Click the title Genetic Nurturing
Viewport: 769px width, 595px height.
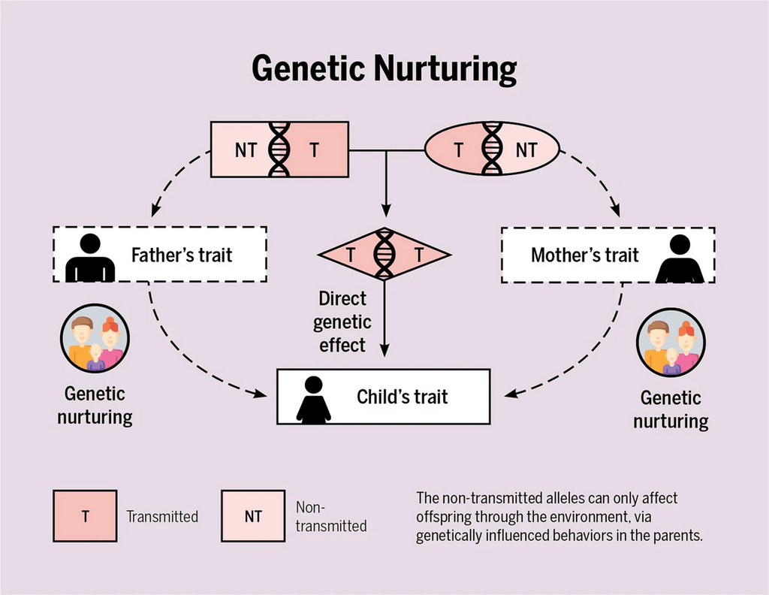tap(384, 69)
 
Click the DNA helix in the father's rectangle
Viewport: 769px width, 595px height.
tap(279, 149)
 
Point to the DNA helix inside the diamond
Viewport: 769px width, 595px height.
tap(384, 254)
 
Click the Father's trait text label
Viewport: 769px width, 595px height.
tap(182, 255)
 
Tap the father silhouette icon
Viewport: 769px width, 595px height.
tap(90, 258)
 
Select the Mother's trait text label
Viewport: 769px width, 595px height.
tap(584, 255)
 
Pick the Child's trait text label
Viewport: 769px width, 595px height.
tap(403, 397)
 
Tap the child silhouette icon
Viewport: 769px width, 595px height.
tap(313, 400)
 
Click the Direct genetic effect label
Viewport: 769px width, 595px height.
tap(342, 322)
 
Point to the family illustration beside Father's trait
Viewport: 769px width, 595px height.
tap(95, 339)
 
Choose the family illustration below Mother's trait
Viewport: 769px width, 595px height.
tap(671, 343)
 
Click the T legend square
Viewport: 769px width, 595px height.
tap(85, 516)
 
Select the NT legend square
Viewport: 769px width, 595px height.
tap(253, 516)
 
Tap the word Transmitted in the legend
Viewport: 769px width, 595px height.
tap(162, 517)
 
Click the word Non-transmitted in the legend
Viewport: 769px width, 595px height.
tap(331, 516)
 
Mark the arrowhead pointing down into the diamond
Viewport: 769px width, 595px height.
tap(386, 210)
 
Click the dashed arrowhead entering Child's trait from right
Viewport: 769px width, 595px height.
tap(511, 394)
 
